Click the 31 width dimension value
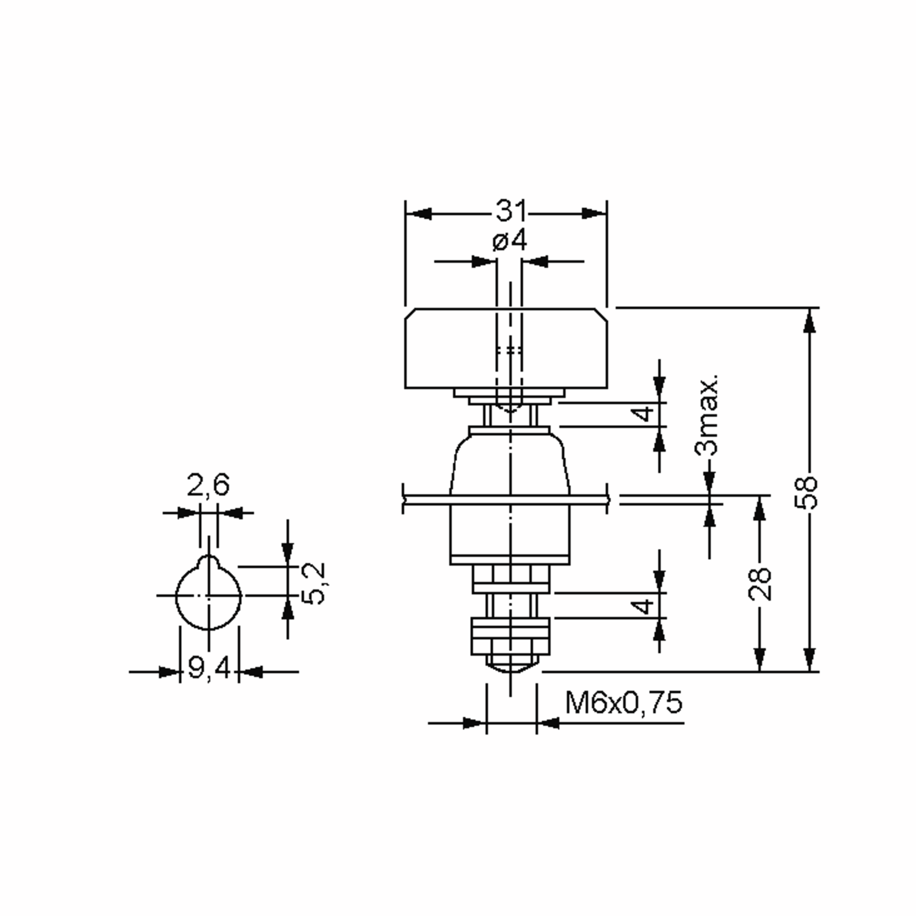point(511,211)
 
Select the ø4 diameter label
point(510,241)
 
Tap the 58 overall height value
point(806,493)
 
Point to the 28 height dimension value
point(760,584)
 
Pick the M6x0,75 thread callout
point(624,703)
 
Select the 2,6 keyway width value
point(208,485)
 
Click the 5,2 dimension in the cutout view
point(313,583)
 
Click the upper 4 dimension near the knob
point(644,414)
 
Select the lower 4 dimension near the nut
point(644,606)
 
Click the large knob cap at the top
point(506,348)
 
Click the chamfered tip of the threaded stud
point(511,668)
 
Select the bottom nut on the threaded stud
point(510,636)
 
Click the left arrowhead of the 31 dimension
point(419,213)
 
